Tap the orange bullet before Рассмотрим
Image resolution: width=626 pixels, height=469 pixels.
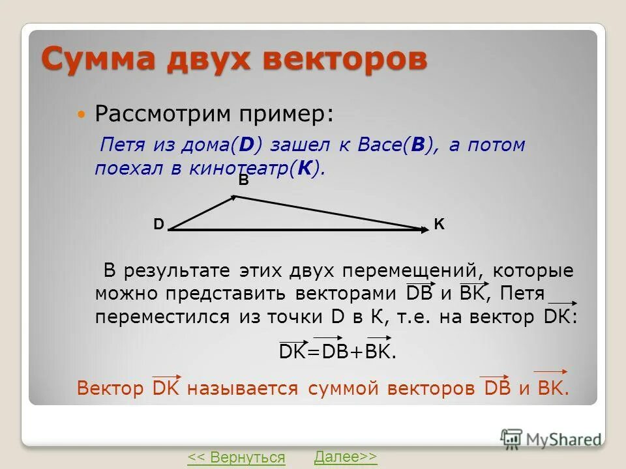81,115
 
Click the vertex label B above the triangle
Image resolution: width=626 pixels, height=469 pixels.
243,182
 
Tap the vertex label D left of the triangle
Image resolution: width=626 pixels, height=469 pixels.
158,225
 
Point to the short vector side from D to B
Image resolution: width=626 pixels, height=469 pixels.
202,212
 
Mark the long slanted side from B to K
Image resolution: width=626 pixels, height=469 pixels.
326,212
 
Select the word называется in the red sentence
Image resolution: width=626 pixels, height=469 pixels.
243,389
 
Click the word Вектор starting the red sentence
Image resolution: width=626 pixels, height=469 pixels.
110,389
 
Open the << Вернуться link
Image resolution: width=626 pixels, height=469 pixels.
236,457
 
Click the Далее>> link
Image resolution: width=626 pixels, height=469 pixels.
345,457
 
